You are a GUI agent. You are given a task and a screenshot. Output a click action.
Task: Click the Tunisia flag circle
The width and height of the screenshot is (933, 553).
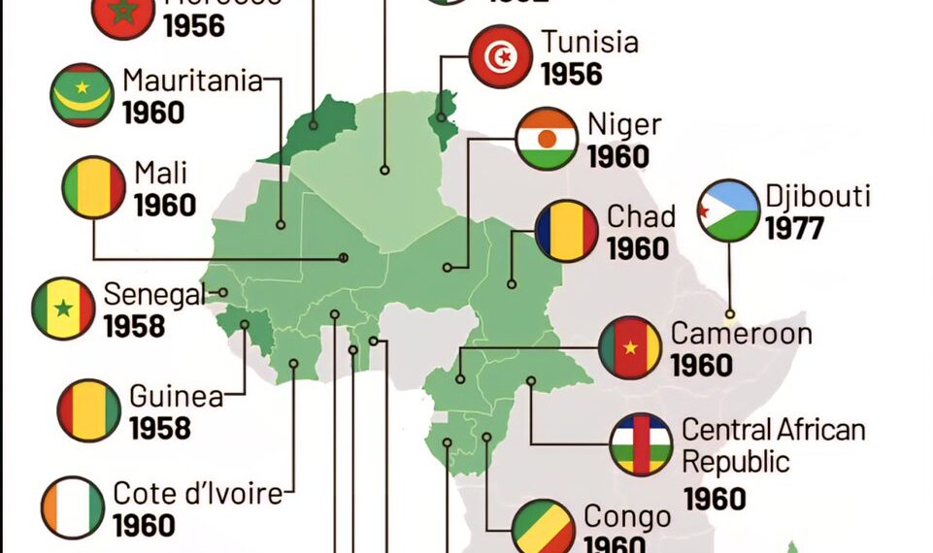tap(500, 57)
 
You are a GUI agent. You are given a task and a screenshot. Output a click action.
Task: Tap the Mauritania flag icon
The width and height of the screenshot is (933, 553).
tap(82, 94)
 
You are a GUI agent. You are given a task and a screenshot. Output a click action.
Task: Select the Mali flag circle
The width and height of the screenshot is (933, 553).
tap(94, 187)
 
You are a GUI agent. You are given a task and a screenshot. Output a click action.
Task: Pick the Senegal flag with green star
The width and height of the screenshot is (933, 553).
tap(63, 309)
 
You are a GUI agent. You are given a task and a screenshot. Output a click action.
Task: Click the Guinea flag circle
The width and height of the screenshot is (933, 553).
tap(89, 410)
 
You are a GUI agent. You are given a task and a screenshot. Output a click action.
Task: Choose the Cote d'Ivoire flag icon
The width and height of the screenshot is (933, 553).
tap(73, 507)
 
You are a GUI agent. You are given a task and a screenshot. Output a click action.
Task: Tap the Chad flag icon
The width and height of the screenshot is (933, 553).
tap(566, 231)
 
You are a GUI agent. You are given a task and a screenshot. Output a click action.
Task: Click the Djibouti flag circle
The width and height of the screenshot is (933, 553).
tap(728, 211)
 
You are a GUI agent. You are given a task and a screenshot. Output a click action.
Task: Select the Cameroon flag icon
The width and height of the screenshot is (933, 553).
tap(630, 347)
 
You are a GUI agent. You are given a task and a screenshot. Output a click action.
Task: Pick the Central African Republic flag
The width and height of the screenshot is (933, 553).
tap(642, 444)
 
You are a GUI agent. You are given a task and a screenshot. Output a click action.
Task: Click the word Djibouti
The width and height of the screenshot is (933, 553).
tap(817, 196)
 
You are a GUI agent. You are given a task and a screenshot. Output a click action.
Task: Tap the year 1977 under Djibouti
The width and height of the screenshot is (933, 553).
tap(794, 229)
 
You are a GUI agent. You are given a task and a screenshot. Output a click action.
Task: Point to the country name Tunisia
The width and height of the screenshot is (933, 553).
tap(590, 43)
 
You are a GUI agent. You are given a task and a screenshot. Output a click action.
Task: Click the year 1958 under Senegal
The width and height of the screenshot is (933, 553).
tap(134, 326)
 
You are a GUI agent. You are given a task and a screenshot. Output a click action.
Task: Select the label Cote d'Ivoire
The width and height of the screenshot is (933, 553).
tap(198, 493)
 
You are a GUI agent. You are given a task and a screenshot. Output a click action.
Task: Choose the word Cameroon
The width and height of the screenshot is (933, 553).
tap(742, 334)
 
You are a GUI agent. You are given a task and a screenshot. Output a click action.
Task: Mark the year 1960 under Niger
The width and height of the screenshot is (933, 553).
tap(617, 156)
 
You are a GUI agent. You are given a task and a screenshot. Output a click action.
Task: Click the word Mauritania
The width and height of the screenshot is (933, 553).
tap(192, 81)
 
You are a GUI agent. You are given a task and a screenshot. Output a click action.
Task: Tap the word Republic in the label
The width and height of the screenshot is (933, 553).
tap(736, 461)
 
